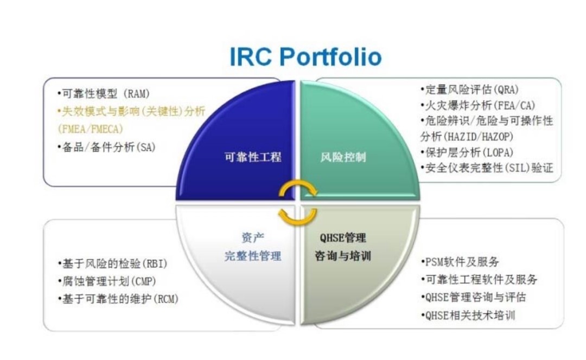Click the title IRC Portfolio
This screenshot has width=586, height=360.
click(305, 57)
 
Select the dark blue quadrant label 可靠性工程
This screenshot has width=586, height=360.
click(253, 157)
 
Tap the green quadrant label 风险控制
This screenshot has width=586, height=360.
click(343, 157)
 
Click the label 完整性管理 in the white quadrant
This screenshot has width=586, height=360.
click(253, 256)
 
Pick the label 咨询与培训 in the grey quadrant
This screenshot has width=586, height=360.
click(343, 256)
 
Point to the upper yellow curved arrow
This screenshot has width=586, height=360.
click(298, 184)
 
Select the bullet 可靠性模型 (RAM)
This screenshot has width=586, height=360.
click(104, 93)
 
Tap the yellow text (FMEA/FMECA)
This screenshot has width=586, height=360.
click(91, 129)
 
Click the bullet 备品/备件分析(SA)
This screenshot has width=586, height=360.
click(106, 147)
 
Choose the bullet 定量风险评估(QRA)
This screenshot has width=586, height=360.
click(470, 89)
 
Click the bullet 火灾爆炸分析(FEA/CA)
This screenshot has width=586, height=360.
click(478, 105)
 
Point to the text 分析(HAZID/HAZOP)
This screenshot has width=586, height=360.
click(467, 137)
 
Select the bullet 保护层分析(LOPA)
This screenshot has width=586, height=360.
click(467, 152)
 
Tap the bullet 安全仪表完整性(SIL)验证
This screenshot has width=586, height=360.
click(487, 168)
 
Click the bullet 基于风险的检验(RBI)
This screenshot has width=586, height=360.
click(112, 263)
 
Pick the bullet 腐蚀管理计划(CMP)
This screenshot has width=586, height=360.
click(107, 281)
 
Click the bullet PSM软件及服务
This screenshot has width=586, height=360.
click(460, 262)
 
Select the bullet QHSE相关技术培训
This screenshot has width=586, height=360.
click(468, 316)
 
